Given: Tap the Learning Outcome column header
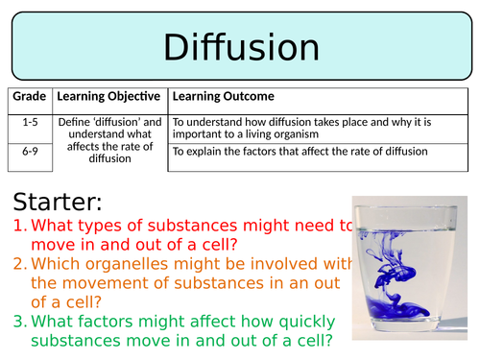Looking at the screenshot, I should pos(223,97).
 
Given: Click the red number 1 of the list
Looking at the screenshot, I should pos(20,227).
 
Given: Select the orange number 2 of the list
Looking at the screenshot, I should pos(20,265).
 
